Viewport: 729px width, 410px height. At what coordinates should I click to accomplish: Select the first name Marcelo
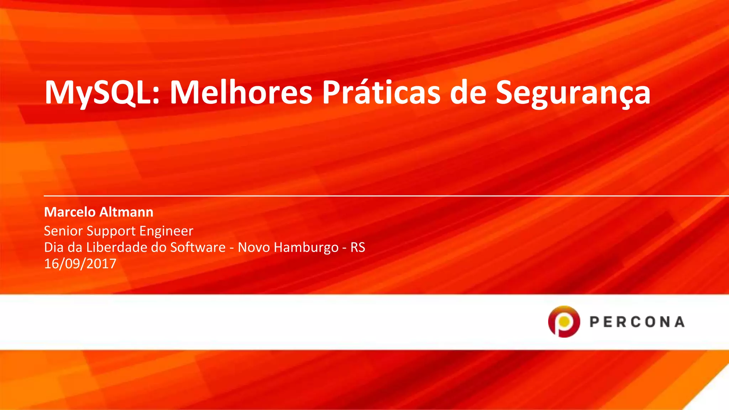[x=70, y=212]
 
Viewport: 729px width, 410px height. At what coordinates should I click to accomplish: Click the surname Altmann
[x=126, y=212]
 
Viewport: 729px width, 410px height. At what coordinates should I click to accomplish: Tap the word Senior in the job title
[x=63, y=231]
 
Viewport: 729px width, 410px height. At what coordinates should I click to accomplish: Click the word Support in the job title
[x=111, y=231]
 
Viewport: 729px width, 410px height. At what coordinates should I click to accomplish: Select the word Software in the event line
[x=198, y=247]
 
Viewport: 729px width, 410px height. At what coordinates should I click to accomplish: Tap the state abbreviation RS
[x=358, y=247]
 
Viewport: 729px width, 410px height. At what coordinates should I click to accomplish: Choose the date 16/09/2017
[x=80, y=264]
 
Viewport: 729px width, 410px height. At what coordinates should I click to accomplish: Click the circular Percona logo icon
[x=564, y=321]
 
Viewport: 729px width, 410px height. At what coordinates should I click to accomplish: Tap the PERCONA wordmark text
[x=637, y=322]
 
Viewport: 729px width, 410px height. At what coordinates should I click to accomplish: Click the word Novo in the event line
[x=253, y=247]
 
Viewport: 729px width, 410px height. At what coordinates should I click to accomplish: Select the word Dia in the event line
[x=53, y=247]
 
